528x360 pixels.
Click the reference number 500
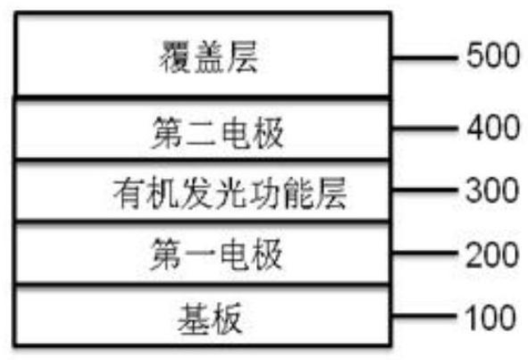492,58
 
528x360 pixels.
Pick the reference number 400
492,129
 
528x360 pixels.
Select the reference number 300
492,192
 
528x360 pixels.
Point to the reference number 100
492,316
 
